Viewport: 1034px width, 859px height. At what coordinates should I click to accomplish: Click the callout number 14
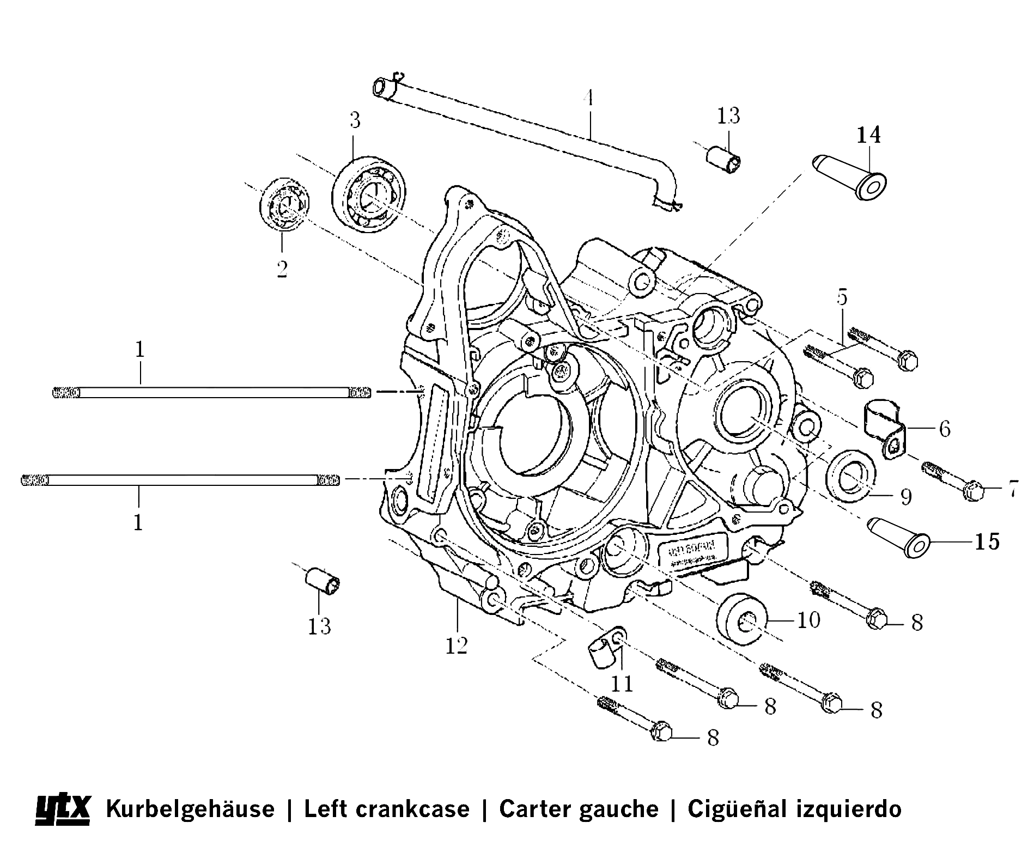[x=868, y=135]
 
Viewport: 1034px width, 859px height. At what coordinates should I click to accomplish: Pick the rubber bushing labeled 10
[x=743, y=618]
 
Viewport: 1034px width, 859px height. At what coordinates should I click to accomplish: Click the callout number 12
[x=457, y=645]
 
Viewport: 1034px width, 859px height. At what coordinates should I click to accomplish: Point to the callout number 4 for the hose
[x=587, y=98]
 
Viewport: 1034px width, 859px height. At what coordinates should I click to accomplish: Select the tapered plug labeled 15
[x=901, y=537]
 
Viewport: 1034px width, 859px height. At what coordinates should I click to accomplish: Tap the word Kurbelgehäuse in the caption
[x=190, y=808]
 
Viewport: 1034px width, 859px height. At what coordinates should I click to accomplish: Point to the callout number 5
[x=842, y=297]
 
